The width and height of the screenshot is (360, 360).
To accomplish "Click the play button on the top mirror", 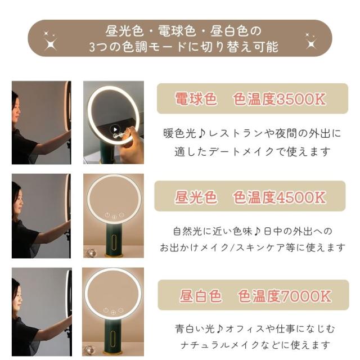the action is pos(115,129).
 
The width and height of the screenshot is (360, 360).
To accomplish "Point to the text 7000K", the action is pos(306,296).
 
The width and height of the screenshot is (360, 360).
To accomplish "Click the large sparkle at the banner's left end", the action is pos(51,44).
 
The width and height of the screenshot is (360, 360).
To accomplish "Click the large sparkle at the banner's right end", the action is pos(311,43).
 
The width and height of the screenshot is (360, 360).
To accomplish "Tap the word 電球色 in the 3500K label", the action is pos(196,99).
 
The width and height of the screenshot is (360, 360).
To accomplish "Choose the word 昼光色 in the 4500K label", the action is pos(196,197).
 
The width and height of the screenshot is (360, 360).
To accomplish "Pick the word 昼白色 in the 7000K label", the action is pos(201,296).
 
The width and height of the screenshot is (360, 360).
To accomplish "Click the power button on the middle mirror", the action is pos(107,215).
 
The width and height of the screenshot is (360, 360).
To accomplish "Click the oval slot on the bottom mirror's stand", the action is pos(112,338).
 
